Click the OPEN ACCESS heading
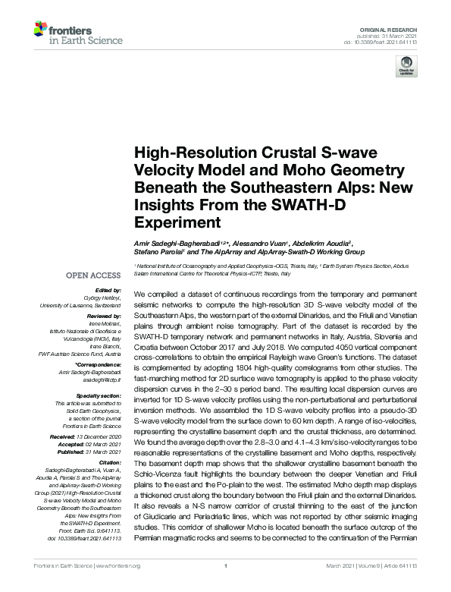pos(93,274)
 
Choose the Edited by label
pos(109,291)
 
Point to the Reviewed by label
pos(105,313)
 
